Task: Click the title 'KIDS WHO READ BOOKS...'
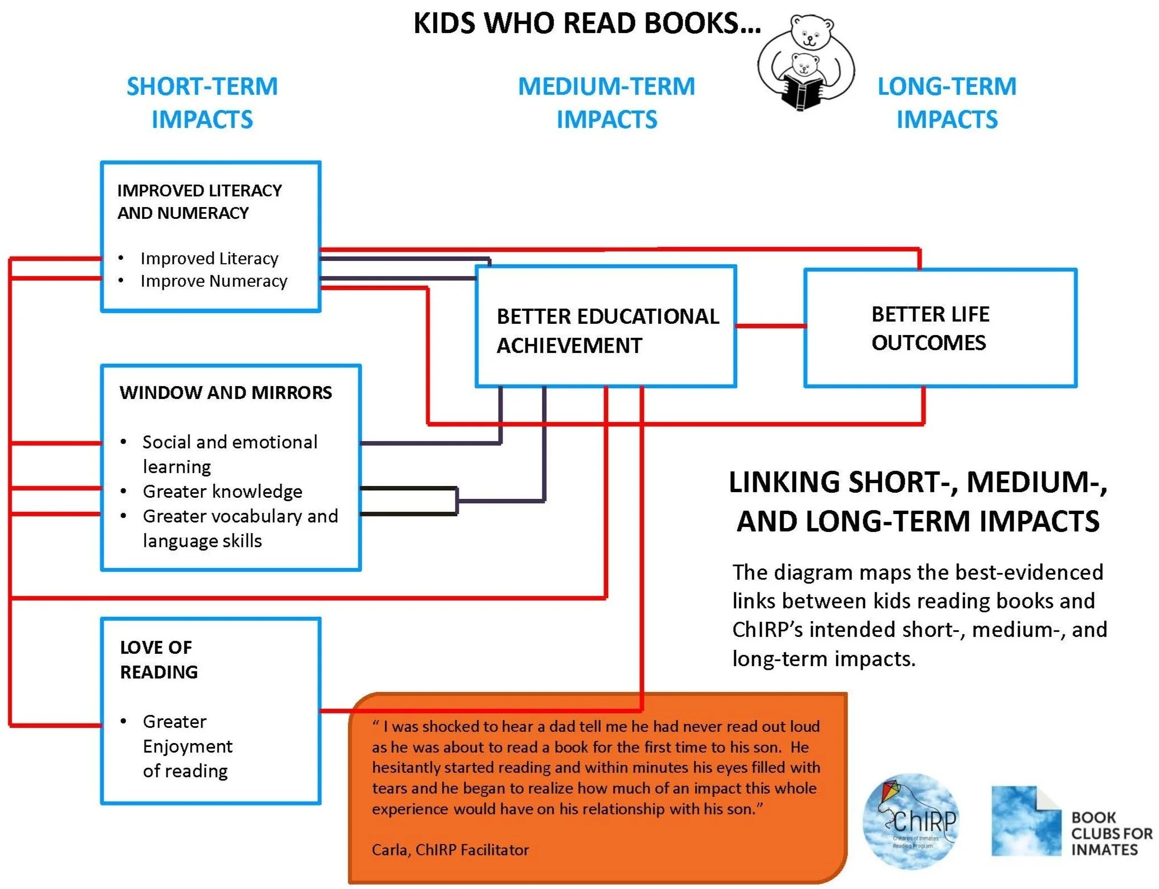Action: click(587, 24)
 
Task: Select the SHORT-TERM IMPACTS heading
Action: click(202, 103)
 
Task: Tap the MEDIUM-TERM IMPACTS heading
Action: click(606, 103)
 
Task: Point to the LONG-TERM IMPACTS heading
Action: click(947, 103)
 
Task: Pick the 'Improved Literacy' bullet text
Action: click(209, 258)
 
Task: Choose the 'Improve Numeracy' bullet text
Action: click(214, 281)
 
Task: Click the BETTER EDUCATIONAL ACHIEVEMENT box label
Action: click(607, 331)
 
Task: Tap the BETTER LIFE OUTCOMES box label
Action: click(930, 328)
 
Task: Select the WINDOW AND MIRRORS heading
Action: click(226, 392)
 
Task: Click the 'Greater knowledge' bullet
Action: click(222, 491)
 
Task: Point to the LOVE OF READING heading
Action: click(159, 659)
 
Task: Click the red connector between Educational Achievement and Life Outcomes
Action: click(770, 326)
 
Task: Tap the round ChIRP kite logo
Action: click(910, 821)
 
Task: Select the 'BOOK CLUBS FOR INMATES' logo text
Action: click(1111, 833)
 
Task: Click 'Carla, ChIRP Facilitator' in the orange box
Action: click(450, 850)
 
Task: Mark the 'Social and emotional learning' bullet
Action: click(229, 454)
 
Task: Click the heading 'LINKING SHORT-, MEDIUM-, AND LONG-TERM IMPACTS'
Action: click(918, 501)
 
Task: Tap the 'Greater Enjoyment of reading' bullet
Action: click(187, 746)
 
